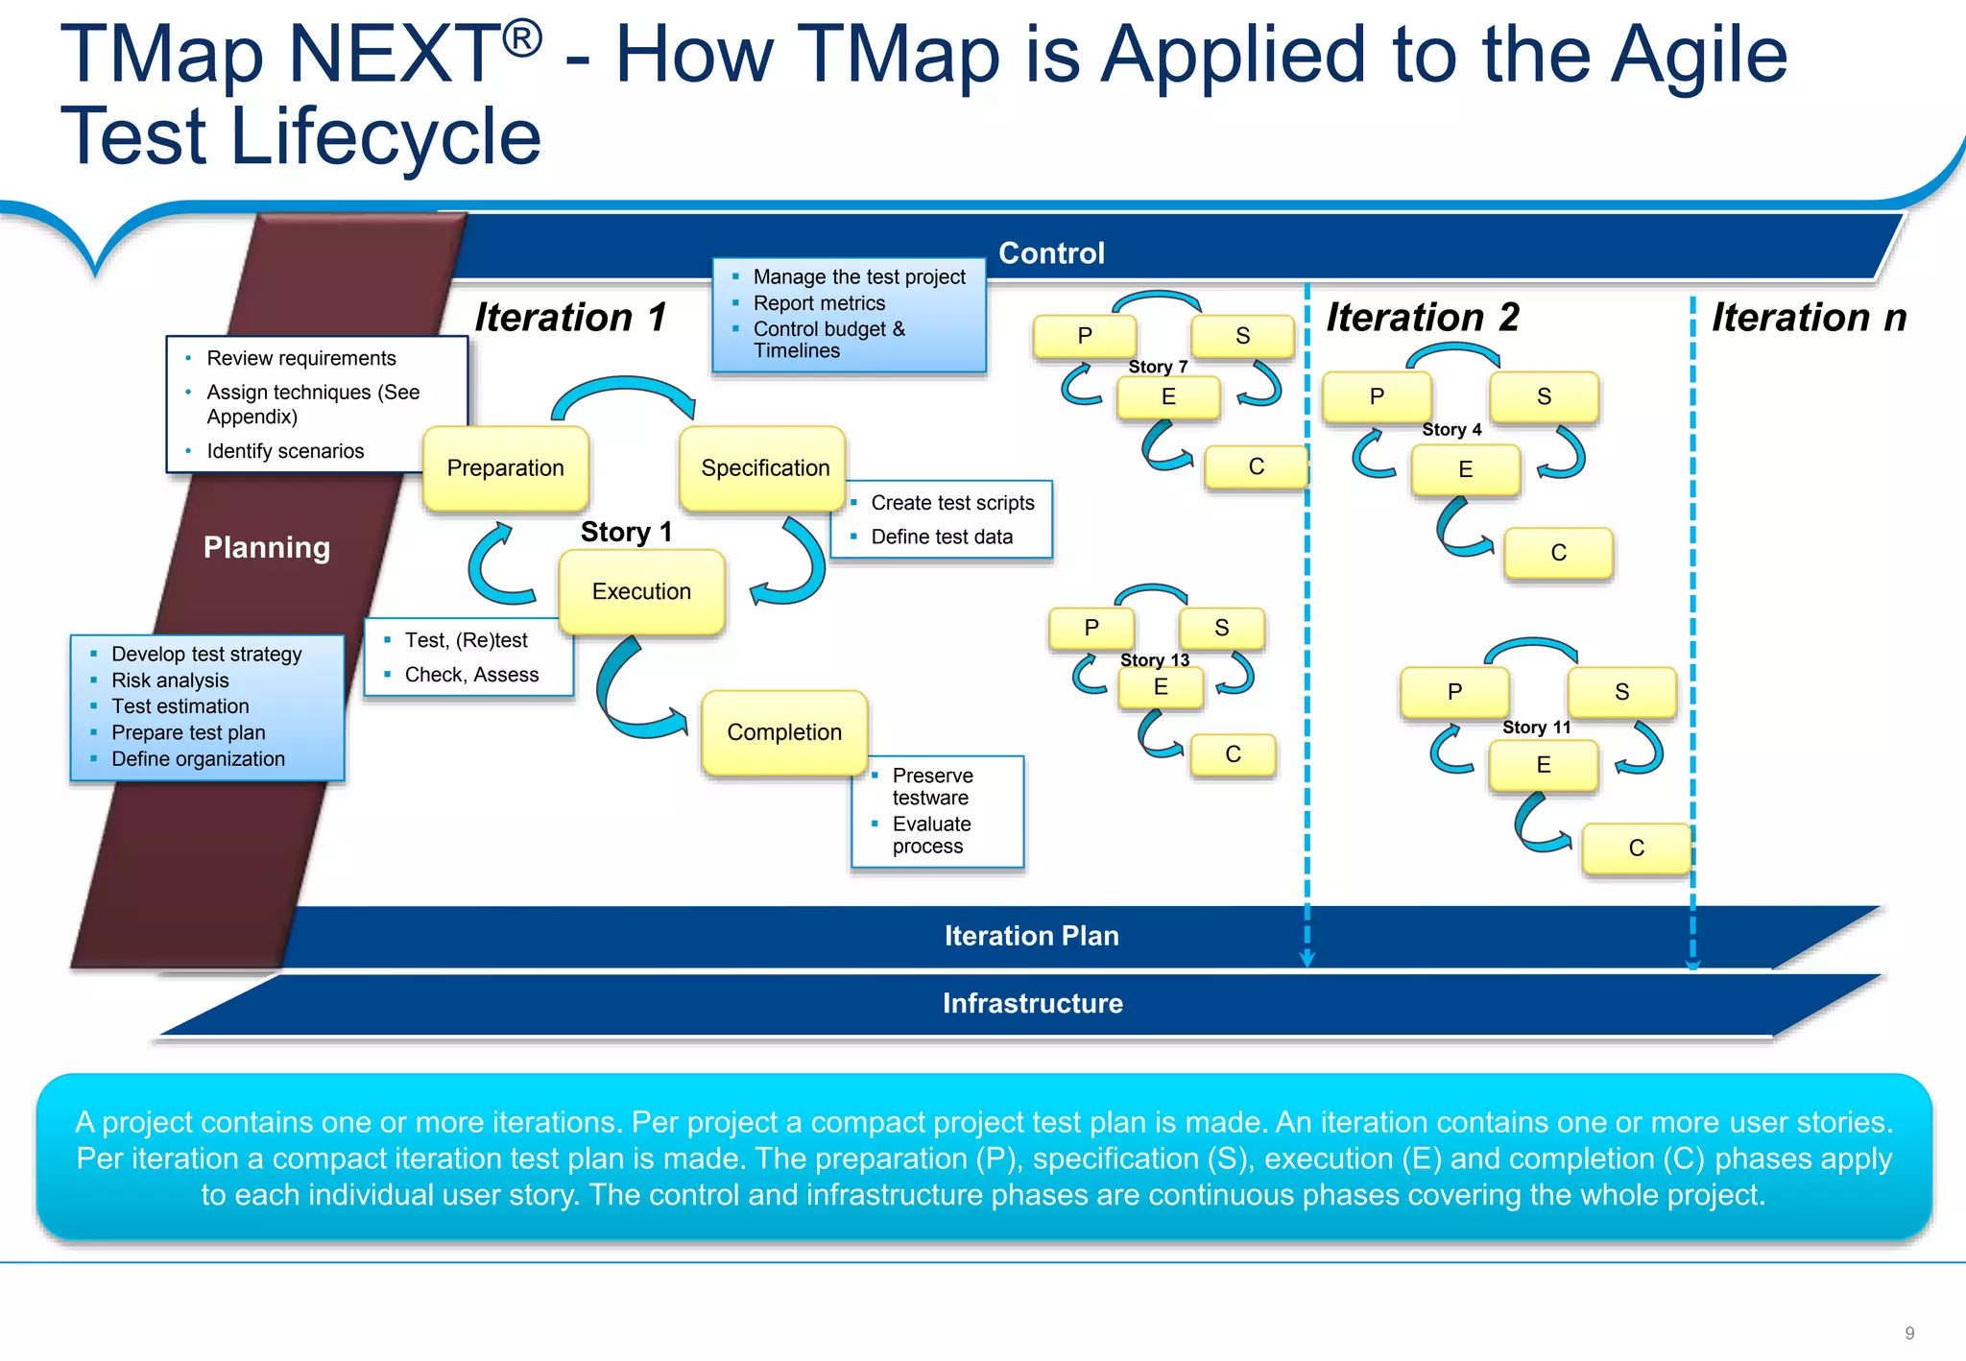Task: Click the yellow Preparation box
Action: tap(505, 468)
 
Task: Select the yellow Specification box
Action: tap(764, 468)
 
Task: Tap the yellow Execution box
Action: tap(641, 591)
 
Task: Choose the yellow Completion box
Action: tap(784, 732)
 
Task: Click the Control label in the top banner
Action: tap(1051, 253)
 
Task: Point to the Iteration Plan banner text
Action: tap(1031, 936)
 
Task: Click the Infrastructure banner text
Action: tap(1032, 1003)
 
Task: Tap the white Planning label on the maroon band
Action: tap(267, 547)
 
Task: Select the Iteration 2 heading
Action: tap(1422, 318)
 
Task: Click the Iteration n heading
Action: tap(1809, 318)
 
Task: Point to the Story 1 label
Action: tap(626, 532)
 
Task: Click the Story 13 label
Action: tap(1154, 660)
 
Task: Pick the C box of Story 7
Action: tap(1256, 467)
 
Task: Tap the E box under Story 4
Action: tap(1465, 469)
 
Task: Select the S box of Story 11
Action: tap(1621, 692)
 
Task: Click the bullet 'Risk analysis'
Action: tap(170, 680)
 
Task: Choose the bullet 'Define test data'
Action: tap(941, 537)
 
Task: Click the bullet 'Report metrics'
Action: tap(819, 303)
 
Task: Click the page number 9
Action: tap(1909, 1333)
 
